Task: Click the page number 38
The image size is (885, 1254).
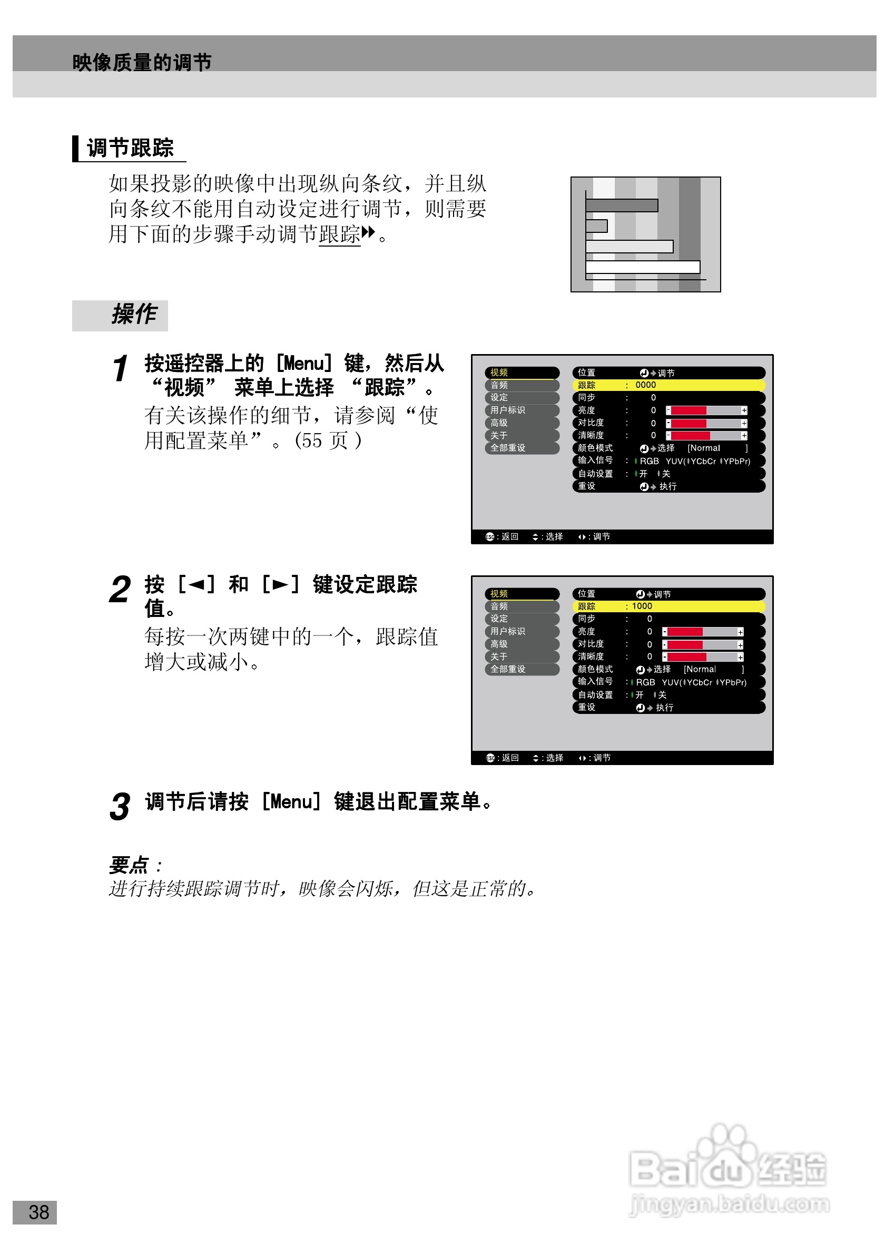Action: (x=38, y=1212)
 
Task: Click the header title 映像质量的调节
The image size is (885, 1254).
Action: (x=141, y=62)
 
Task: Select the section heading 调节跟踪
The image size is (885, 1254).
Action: (x=130, y=148)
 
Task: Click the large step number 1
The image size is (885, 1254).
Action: (x=120, y=369)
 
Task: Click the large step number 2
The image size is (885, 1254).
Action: (x=120, y=590)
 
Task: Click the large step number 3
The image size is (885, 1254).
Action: (x=120, y=807)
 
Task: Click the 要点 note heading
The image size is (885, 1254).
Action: (x=129, y=865)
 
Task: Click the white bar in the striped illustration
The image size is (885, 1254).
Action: (x=642, y=267)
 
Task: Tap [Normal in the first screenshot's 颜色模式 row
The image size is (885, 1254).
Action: (x=703, y=448)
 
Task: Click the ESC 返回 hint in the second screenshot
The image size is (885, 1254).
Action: (x=501, y=758)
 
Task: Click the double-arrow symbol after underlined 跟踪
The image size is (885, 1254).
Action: (x=369, y=232)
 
